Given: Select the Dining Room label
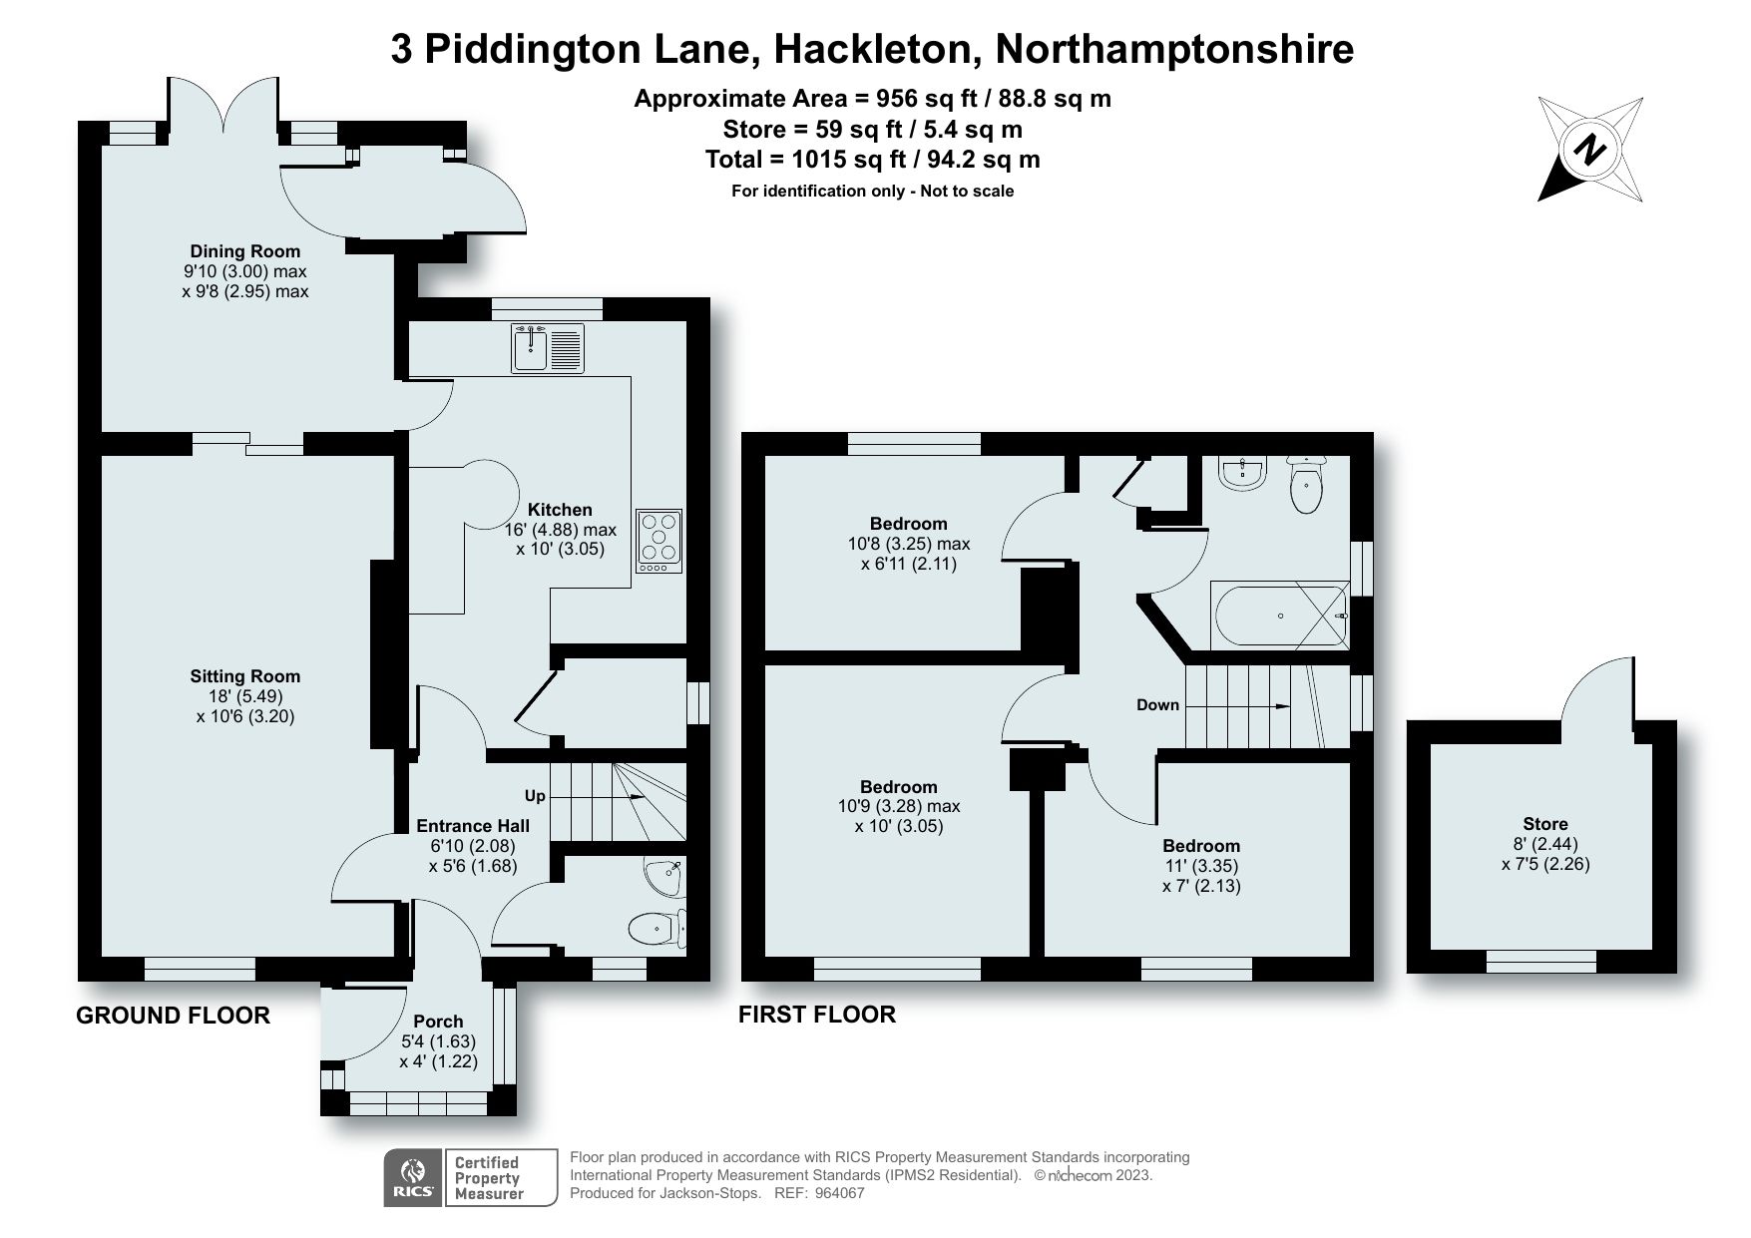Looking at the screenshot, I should [245, 251].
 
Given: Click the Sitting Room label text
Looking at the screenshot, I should [245, 676].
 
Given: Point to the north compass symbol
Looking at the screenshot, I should [1590, 150].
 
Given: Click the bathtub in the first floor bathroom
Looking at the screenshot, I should [1280, 616].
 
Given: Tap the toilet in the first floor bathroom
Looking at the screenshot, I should [1306, 485].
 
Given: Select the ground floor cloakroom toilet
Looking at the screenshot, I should [659, 929].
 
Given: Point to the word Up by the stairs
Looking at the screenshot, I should [536, 796].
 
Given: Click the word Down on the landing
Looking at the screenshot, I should [1157, 705].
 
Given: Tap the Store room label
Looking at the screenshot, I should [1545, 824].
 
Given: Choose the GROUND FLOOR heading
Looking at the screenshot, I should [174, 1016].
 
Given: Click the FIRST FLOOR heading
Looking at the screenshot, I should [817, 1015].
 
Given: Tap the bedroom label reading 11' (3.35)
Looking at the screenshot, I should [1201, 866].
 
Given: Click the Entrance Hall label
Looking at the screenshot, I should [473, 825].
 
